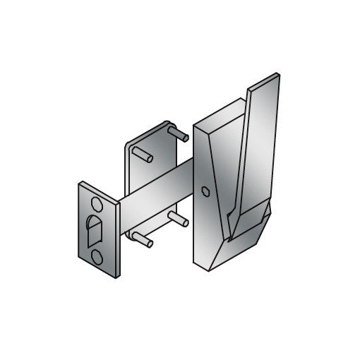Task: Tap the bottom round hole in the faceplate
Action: click(97, 253)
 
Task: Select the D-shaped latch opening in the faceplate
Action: click(95, 230)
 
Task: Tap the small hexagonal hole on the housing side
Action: click(204, 192)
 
